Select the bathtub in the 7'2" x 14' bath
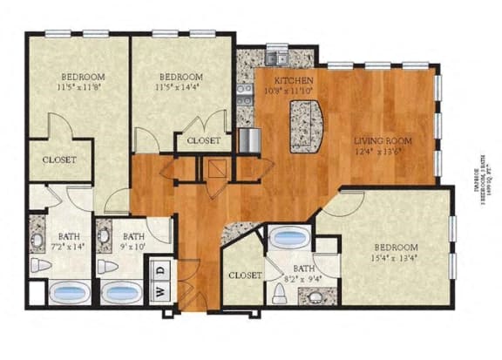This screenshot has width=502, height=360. [68, 293]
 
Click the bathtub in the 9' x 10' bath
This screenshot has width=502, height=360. [120, 293]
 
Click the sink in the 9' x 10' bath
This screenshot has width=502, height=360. [105, 234]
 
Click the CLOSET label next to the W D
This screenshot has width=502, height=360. [245, 275]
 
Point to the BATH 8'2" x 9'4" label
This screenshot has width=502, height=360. [303, 272]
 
